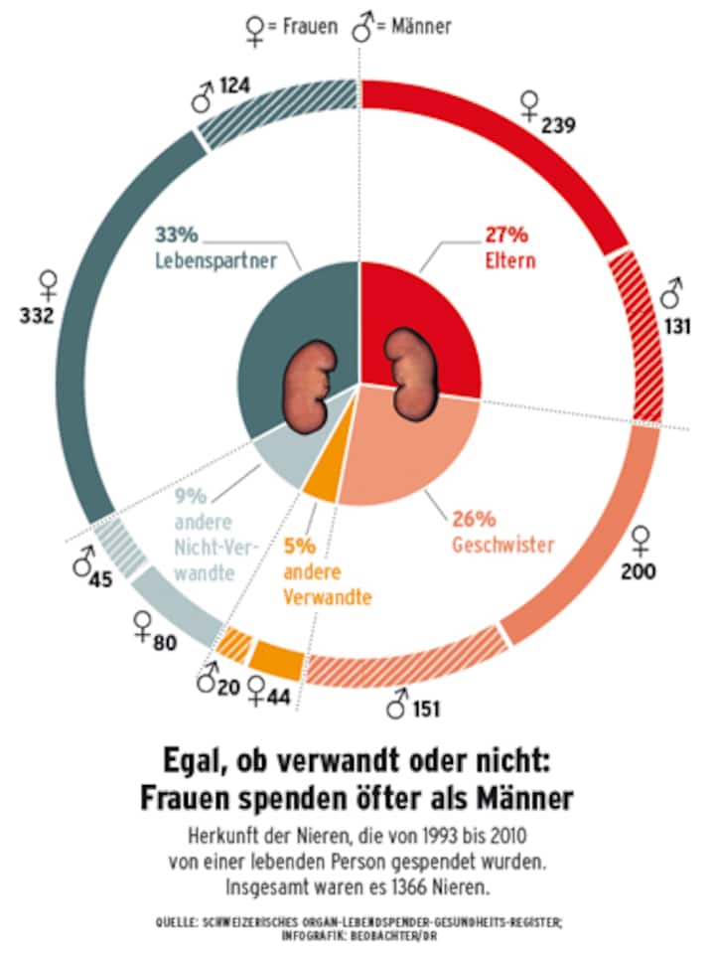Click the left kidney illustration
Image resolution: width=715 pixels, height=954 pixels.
(x=310, y=384)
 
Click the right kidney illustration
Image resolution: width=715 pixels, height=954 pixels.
(x=409, y=375)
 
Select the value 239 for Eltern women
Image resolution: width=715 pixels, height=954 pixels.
(x=559, y=125)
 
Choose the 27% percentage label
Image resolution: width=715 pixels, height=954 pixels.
(x=506, y=237)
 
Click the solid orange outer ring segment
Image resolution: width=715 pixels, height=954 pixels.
(x=276, y=659)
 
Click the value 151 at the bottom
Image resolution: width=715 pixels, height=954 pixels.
(x=426, y=710)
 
